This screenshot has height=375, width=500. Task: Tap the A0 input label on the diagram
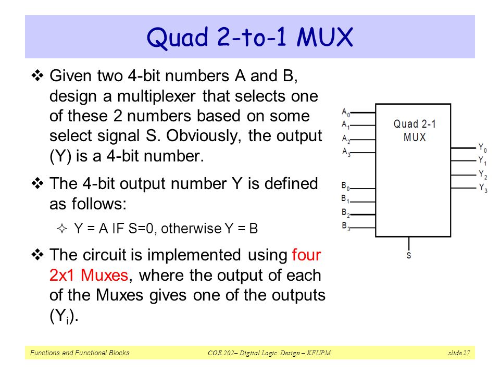[346, 112]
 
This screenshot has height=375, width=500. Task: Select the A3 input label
[346, 152]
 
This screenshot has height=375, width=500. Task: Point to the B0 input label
[345, 186]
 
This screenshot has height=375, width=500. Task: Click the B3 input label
[345, 226]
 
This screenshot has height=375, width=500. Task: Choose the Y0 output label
[483, 148]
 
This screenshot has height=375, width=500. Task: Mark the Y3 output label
[483, 189]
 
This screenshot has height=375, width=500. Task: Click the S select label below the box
[409, 256]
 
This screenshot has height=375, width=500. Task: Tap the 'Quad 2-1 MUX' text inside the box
[414, 131]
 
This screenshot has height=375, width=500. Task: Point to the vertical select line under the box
[409, 243]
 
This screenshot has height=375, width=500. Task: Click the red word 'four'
[307, 255]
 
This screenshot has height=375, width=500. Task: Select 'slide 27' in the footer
[459, 354]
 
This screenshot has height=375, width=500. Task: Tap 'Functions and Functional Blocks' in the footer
[79, 353]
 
